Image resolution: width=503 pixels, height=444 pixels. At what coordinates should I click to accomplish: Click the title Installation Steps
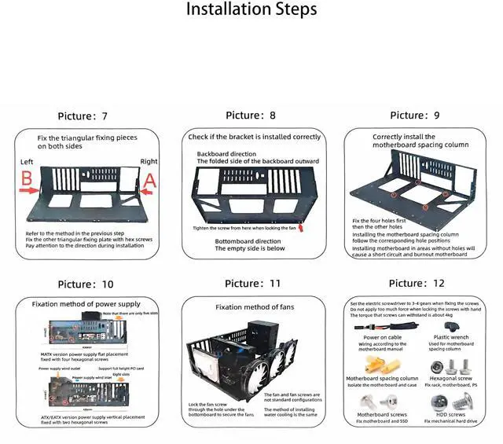[251, 10]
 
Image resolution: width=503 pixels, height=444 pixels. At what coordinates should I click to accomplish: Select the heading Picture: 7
[83, 116]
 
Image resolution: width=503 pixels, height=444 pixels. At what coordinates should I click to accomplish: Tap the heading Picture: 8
[251, 116]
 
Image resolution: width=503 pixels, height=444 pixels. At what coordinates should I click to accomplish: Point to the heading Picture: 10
[86, 284]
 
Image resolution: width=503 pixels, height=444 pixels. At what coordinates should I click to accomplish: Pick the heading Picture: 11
[252, 283]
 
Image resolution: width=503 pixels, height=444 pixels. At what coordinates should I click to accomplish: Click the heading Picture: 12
[417, 283]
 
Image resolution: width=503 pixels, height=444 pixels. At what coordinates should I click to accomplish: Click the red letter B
[26, 179]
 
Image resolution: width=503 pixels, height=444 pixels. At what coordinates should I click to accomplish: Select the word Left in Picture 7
[28, 163]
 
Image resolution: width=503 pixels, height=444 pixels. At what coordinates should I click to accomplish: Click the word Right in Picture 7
[149, 162]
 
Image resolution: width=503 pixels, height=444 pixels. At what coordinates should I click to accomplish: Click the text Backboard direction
[226, 154]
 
